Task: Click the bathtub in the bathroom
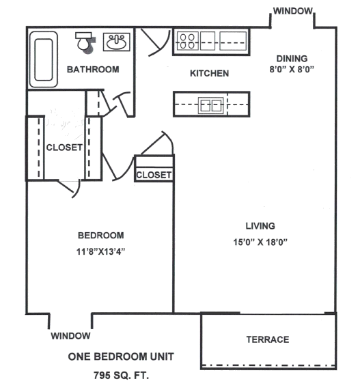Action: click(44, 59)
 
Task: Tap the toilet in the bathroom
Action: click(84, 42)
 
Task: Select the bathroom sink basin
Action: click(117, 42)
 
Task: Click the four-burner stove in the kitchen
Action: click(187, 41)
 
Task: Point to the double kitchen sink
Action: click(211, 105)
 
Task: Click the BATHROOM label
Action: click(93, 70)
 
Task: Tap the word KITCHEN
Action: click(210, 74)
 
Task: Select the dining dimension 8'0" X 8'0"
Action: click(292, 69)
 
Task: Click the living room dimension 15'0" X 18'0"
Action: click(260, 242)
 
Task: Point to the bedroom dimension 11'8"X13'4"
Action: click(100, 251)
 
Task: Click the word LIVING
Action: click(260, 226)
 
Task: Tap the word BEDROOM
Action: click(101, 236)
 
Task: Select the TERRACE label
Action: click(268, 339)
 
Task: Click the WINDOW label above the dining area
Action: click(293, 11)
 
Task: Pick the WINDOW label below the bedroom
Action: click(71, 336)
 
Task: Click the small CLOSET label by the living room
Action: click(154, 175)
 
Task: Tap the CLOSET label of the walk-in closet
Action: click(64, 148)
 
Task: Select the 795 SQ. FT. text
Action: click(121, 376)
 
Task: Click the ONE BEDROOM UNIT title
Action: click(121, 356)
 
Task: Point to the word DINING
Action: click(292, 59)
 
